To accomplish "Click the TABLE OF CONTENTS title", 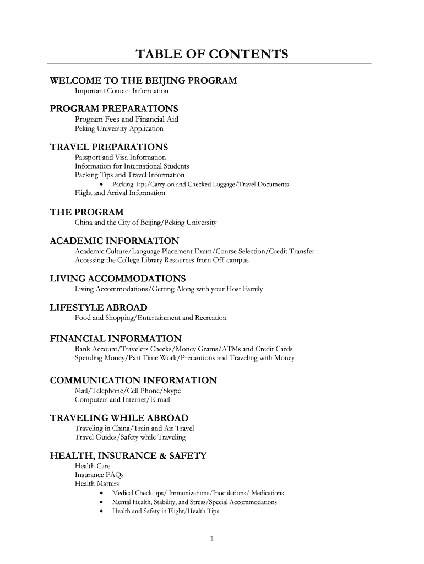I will point(212,55).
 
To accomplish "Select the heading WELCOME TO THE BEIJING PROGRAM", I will point(143,81).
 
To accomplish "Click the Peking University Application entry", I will point(119,128).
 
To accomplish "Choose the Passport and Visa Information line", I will point(120,158).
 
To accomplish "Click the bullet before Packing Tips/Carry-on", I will point(102,184).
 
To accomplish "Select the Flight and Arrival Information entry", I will point(119,193).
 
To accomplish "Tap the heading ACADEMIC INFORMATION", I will point(114,241).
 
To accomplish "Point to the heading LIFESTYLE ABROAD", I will point(99,307).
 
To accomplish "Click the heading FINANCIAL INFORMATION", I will point(116,338).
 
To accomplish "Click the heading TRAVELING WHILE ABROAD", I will point(119,418).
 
